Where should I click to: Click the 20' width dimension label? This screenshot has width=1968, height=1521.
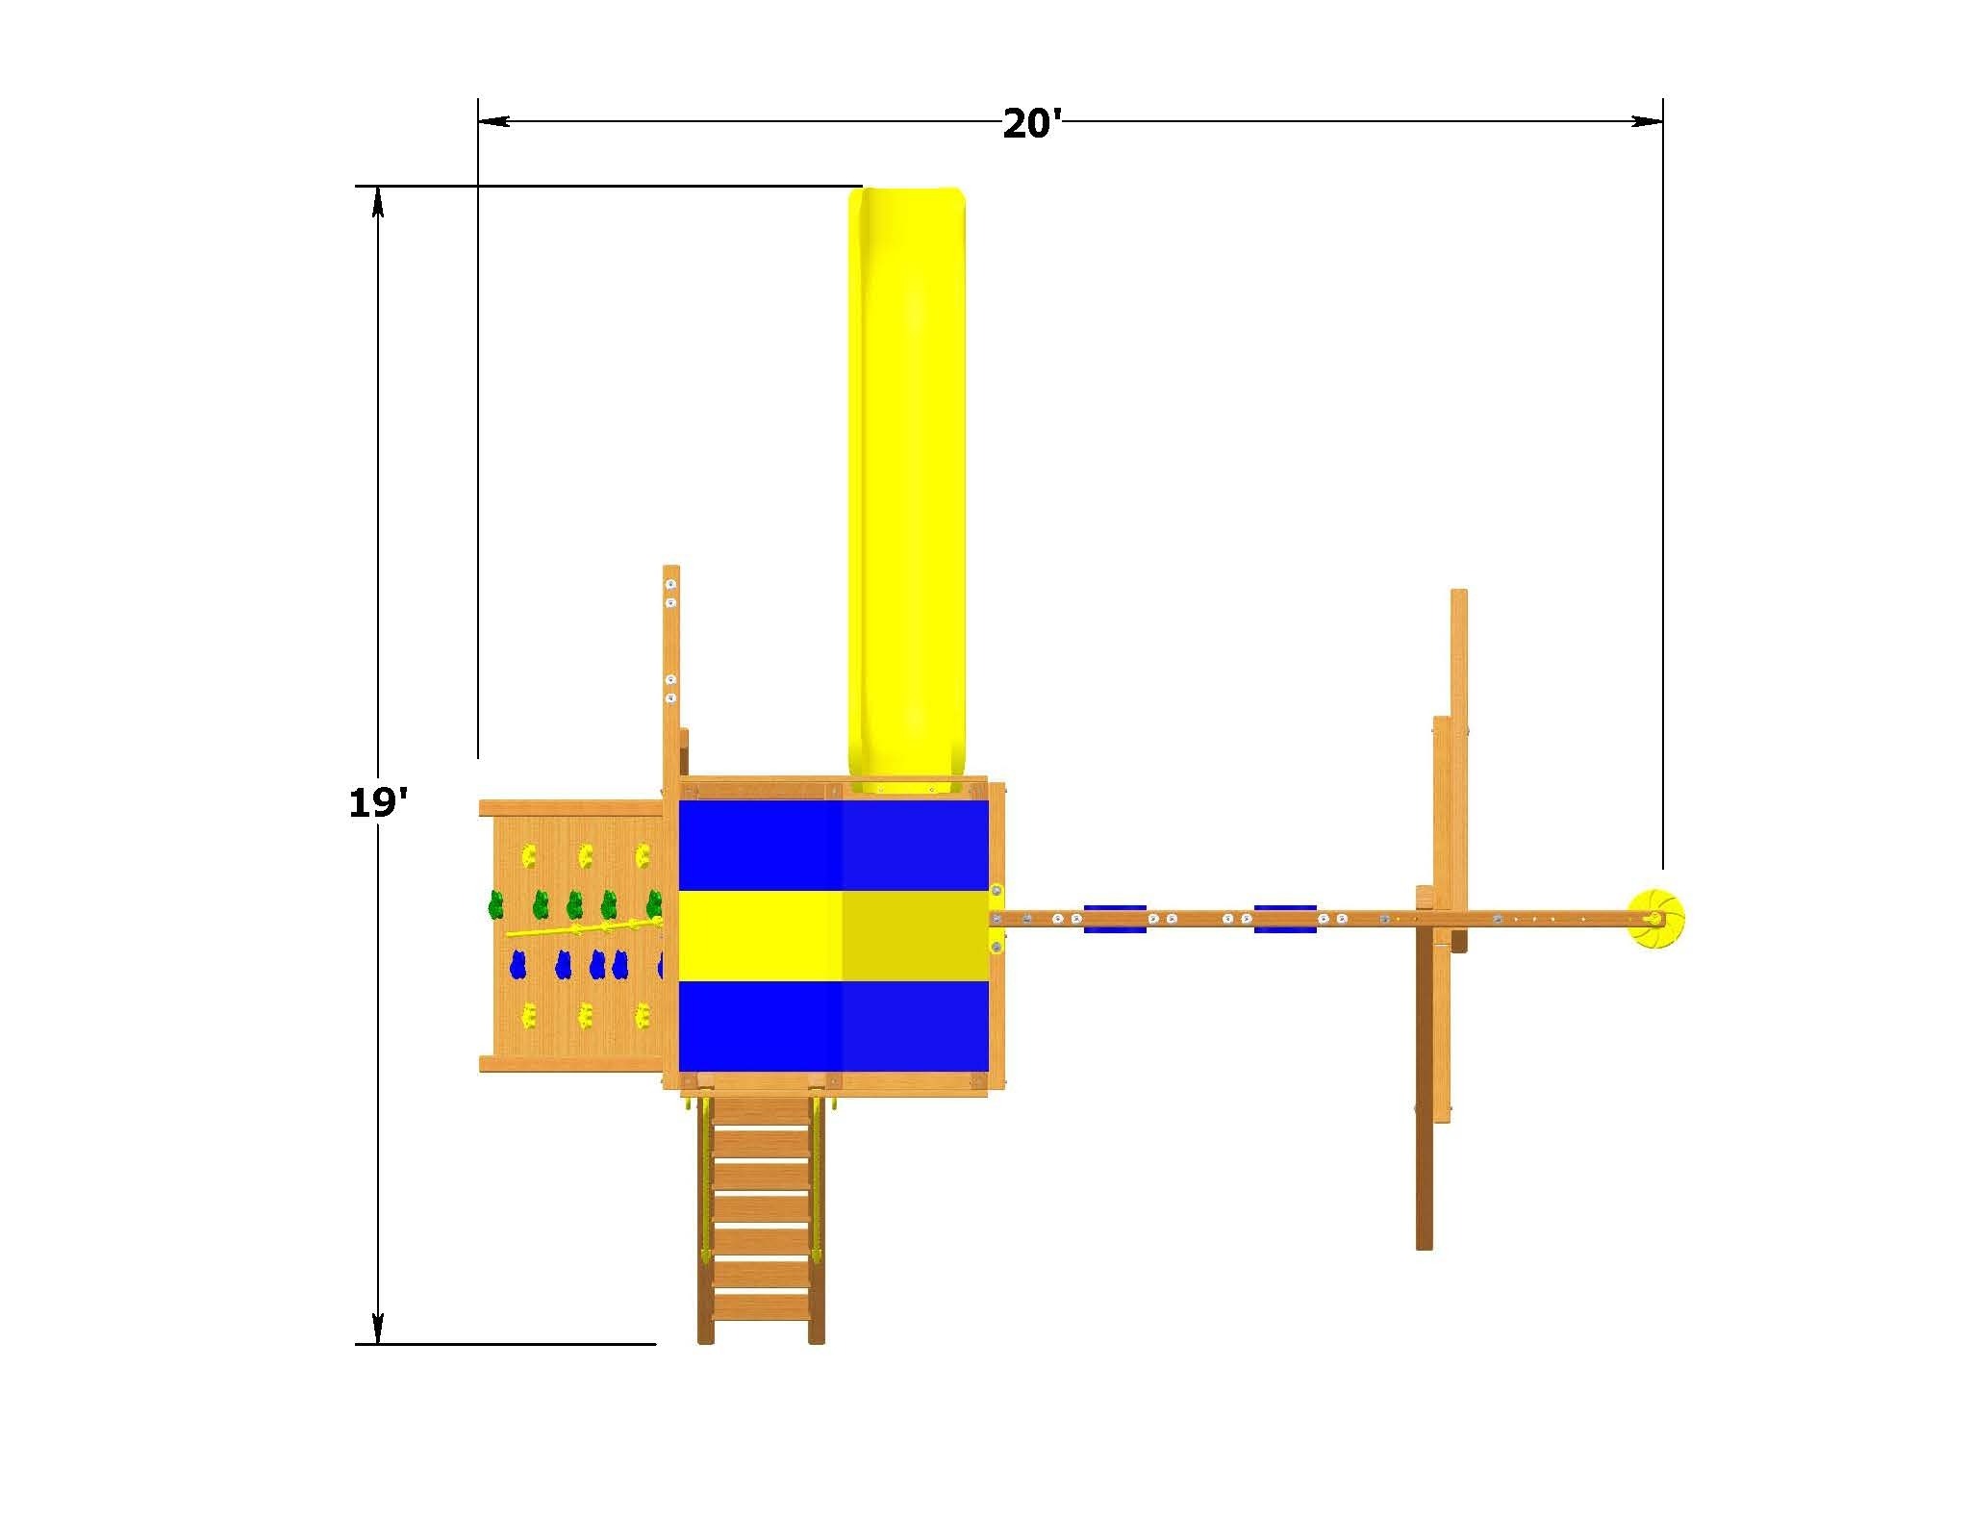point(1031,124)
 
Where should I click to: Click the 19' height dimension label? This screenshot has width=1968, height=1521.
point(378,801)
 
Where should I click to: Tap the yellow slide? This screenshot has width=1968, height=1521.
point(905,481)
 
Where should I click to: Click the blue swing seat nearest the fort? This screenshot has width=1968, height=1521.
point(1115,919)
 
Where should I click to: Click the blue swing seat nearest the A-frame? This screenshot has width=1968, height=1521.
point(1285,919)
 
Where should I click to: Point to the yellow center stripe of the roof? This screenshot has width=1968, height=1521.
point(833,936)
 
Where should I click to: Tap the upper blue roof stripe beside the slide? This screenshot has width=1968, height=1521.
point(833,845)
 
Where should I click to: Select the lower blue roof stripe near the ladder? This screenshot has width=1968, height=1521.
point(833,1026)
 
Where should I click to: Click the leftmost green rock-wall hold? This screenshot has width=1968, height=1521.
point(496,905)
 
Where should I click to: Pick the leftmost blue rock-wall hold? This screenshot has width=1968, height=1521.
point(518,965)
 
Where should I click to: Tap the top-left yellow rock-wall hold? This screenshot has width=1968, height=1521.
point(527,855)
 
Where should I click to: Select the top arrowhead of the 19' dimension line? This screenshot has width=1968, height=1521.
point(378,202)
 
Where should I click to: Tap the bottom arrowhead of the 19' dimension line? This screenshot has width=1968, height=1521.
point(378,1328)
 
